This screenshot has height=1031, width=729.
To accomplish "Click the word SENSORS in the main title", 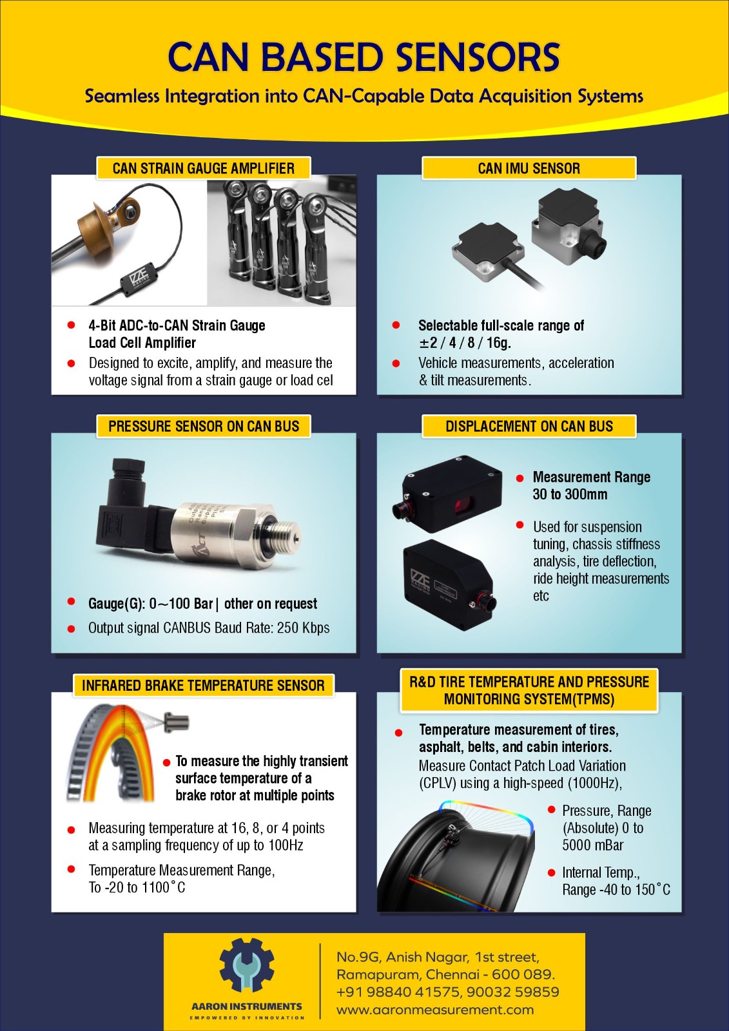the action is click(478, 57).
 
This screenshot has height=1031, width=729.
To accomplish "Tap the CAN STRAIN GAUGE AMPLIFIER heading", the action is click(204, 168).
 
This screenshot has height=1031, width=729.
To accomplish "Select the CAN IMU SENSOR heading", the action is click(529, 168).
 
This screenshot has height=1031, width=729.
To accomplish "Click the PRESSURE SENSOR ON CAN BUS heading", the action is click(204, 426).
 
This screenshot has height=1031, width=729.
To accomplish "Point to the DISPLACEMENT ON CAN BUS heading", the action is click(529, 426).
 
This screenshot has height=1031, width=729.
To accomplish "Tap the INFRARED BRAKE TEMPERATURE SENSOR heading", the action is click(203, 686).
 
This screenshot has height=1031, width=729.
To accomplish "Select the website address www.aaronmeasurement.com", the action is click(435, 1010).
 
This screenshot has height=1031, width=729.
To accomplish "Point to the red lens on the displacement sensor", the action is click(462, 506).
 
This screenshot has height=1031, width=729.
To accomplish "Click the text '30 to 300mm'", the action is click(570, 494).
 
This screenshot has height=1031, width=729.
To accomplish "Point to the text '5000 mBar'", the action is click(593, 845).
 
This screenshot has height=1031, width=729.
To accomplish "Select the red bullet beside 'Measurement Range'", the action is click(520, 478).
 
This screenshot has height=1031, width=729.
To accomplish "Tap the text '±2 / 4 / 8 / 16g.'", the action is click(465, 343).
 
